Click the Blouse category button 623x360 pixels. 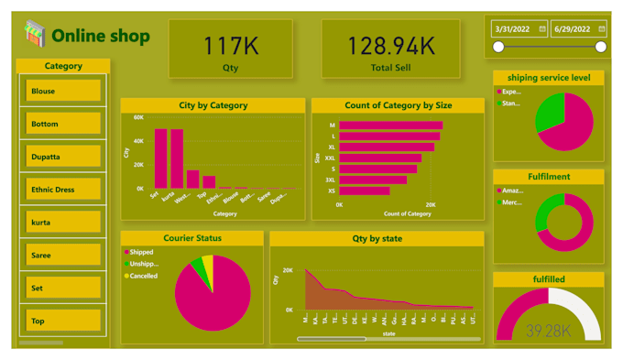pos(63,91)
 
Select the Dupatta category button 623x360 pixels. pos(63,157)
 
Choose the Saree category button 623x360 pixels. pos(63,256)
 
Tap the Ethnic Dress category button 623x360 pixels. pos(63,190)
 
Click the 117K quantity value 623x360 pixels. pos(230,45)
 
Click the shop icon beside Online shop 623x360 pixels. pos(35,35)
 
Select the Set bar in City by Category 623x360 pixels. pos(160,158)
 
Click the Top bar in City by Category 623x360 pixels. pos(209,181)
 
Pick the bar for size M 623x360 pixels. pos(390,125)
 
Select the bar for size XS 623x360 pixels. pos(364,191)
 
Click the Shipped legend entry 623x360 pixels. pos(142,252)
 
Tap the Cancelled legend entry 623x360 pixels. pos(143,276)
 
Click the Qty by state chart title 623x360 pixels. pos(377,238)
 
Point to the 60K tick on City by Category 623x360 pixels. pos(138,118)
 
